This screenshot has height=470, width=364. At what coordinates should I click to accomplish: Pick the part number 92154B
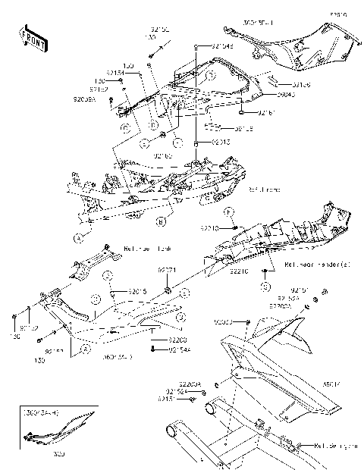click(x=222, y=45)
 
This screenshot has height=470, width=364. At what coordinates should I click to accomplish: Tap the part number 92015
click(x=137, y=291)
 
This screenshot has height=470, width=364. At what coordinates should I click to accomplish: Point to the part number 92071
click(x=167, y=270)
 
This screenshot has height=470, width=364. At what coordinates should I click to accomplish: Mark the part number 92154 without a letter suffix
click(x=115, y=73)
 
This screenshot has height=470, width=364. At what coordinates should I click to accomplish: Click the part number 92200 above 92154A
click(x=177, y=340)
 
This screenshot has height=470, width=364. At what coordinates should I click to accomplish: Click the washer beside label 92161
click(x=242, y=113)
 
